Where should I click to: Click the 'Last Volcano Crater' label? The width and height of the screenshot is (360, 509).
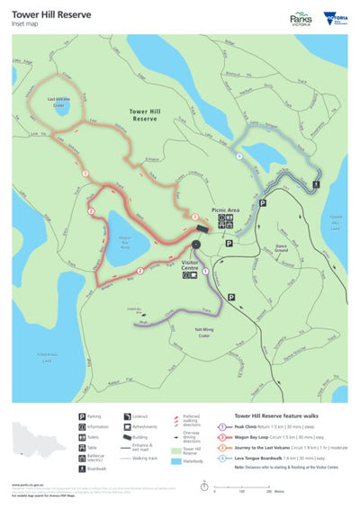59,103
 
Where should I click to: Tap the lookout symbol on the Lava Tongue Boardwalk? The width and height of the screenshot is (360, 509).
316,185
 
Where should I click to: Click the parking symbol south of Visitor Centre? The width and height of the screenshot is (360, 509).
230,295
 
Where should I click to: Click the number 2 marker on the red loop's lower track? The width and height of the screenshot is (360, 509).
139,270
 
